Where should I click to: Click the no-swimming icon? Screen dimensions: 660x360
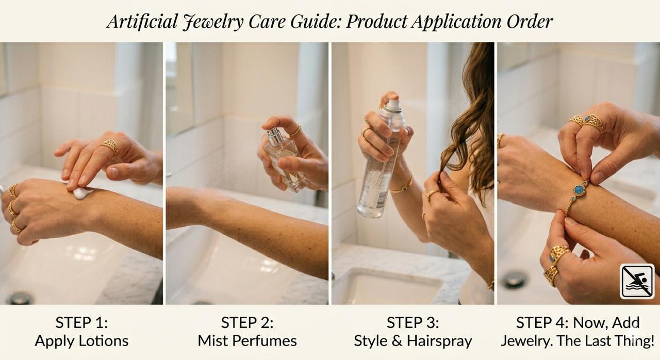click(637, 281)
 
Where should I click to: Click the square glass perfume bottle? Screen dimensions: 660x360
click(285, 160)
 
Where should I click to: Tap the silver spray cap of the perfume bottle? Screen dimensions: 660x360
click(274, 136)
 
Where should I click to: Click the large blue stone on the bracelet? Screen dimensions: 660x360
click(580, 190)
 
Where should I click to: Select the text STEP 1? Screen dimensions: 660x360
click(81, 322)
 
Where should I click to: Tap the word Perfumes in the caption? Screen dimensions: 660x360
click(264, 341)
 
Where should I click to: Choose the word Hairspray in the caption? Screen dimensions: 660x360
click(439, 341)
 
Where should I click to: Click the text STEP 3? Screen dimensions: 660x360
click(413, 322)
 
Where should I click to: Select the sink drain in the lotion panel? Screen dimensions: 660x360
click(20, 298)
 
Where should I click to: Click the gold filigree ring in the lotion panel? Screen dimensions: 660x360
click(110, 146)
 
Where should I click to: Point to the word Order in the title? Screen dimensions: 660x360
click(530, 22)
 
